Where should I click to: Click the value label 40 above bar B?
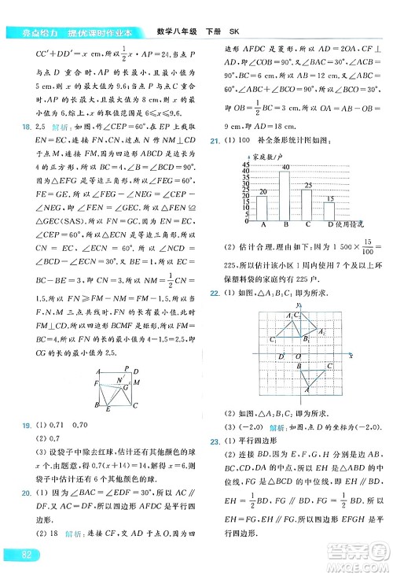[x=285, y=167]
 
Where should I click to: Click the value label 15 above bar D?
[x=330, y=198]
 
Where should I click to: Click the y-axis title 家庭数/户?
[x=266, y=156]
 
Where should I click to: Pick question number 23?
[x=215, y=441]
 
